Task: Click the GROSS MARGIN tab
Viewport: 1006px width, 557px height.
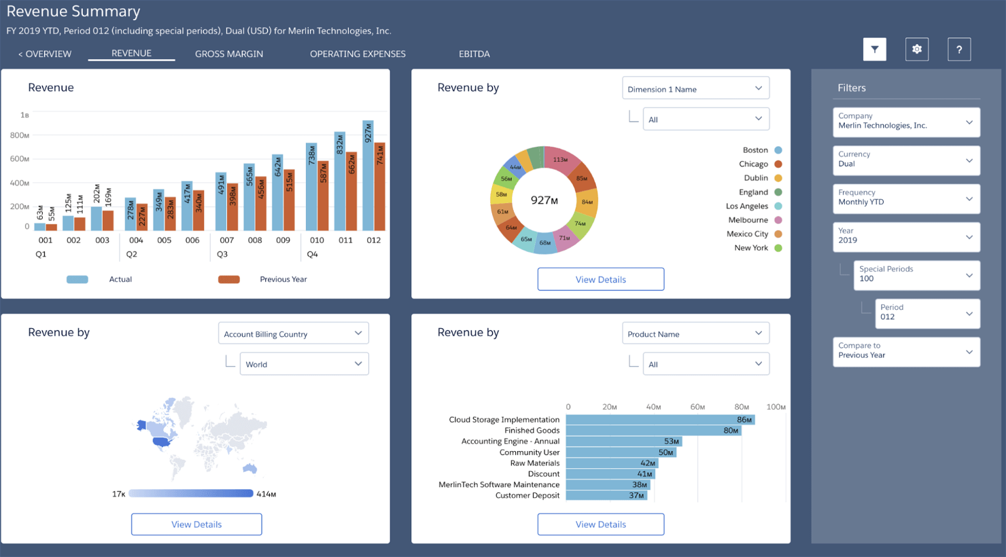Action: click(228, 54)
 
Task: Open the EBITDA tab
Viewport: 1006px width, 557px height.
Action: click(474, 54)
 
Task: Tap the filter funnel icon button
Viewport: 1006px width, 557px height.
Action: click(874, 50)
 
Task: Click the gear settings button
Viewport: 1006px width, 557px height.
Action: click(916, 50)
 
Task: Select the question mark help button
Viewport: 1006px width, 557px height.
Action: click(958, 50)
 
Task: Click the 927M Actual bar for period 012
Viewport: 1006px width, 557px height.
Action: click(368, 177)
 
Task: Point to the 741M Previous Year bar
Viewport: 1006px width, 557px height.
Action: click(380, 187)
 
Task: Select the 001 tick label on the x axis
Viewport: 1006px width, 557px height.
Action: click(46, 240)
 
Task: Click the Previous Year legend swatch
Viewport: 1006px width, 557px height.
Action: click(228, 279)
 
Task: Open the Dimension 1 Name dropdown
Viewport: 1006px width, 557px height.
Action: click(695, 89)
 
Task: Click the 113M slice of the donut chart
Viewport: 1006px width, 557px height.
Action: click(561, 159)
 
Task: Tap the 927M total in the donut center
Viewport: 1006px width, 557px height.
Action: click(544, 200)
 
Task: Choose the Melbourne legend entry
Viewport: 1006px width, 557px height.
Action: click(748, 220)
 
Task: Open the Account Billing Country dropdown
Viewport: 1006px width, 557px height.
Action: click(293, 334)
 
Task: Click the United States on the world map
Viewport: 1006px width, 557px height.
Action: click(161, 442)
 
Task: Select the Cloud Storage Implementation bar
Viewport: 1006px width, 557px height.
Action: click(659, 420)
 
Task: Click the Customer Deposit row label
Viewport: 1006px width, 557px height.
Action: click(527, 496)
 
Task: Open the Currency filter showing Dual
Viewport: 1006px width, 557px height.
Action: click(905, 160)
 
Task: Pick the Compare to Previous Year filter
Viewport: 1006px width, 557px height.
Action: click(905, 352)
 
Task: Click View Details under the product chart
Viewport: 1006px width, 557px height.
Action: click(600, 524)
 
